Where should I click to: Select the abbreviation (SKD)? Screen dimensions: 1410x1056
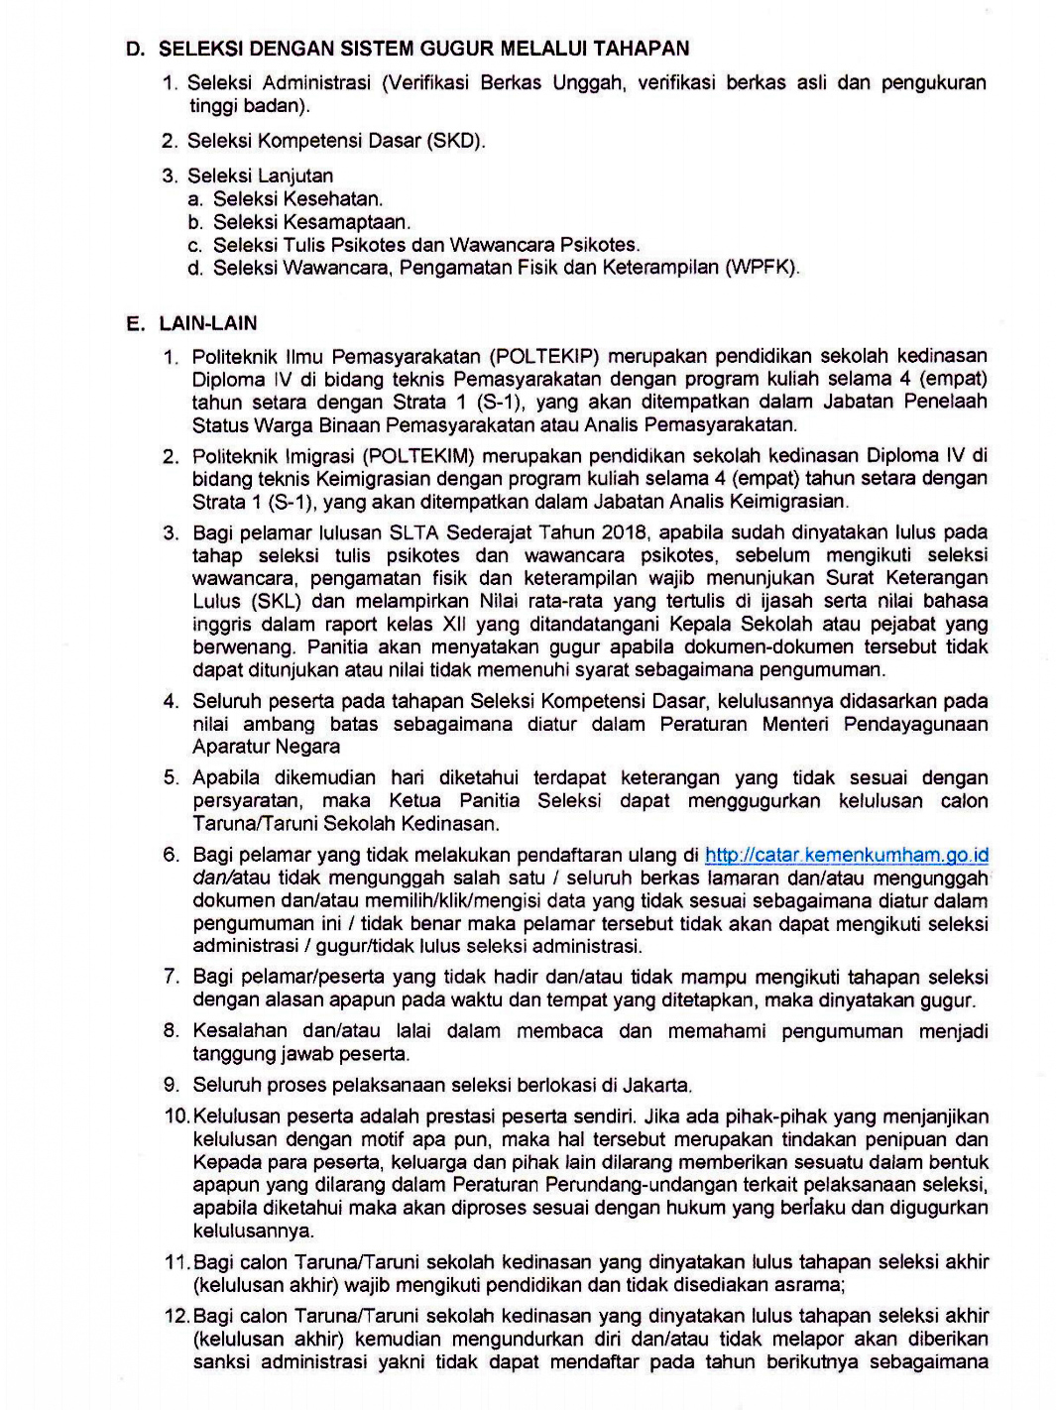click(455, 141)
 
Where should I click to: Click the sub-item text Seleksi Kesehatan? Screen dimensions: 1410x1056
click(297, 199)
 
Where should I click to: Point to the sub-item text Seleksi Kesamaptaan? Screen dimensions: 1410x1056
click(311, 222)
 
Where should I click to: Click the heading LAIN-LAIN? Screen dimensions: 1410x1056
click(208, 323)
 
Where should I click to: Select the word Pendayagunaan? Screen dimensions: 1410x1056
click(915, 724)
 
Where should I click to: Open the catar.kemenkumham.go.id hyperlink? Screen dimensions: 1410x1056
click(846, 855)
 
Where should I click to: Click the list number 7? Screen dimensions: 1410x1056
click(172, 977)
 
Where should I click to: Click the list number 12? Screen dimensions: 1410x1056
click(176, 1316)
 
